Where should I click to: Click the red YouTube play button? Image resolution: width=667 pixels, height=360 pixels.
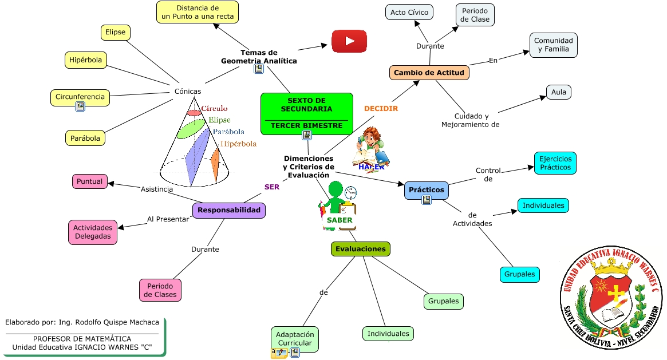[349, 41]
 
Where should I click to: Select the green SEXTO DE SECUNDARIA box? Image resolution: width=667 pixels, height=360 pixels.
[307, 114]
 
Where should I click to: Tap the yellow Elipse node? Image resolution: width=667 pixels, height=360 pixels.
[115, 32]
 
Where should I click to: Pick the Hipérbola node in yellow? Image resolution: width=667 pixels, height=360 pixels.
[85, 60]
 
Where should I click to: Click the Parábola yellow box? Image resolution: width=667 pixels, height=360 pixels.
[85, 138]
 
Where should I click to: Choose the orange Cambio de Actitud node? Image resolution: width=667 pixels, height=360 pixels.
[429, 72]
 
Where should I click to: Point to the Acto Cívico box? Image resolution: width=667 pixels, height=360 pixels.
[409, 13]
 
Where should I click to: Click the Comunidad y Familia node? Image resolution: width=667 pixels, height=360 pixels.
[554, 45]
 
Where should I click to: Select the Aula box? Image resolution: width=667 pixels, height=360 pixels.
[559, 92]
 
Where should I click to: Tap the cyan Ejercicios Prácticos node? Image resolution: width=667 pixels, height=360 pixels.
[555, 163]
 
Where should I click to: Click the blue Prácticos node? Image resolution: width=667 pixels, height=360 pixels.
[426, 190]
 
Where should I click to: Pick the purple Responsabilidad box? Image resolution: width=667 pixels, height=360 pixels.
[229, 211]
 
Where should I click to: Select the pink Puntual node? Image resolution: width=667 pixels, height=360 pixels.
[89, 181]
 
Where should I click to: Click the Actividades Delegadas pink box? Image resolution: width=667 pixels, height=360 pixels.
[93, 232]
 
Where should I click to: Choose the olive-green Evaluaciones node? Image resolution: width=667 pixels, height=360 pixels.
[361, 249]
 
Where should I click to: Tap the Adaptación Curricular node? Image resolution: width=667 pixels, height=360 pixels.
[295, 339]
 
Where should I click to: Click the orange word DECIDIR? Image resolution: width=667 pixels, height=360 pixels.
[381, 108]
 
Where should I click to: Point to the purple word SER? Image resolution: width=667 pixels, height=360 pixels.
[272, 187]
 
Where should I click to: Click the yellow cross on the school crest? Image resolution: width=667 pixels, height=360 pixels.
[615, 293]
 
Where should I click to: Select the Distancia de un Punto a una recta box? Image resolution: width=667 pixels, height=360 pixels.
[198, 13]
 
